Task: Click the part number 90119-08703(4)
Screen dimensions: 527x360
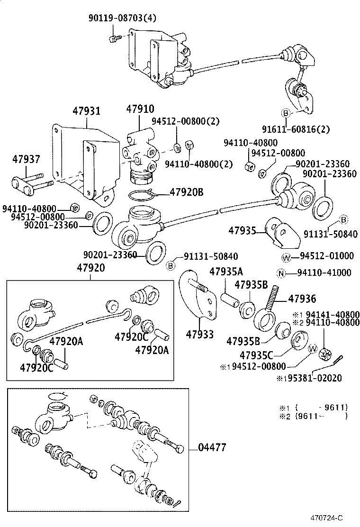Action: click(122, 18)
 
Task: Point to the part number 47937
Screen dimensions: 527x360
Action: click(26, 160)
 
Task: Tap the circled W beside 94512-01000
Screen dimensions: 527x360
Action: click(286, 257)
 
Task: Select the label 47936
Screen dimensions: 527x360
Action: click(302, 298)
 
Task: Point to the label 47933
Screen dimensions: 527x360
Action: click(200, 335)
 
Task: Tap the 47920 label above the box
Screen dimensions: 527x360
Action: click(90, 268)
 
